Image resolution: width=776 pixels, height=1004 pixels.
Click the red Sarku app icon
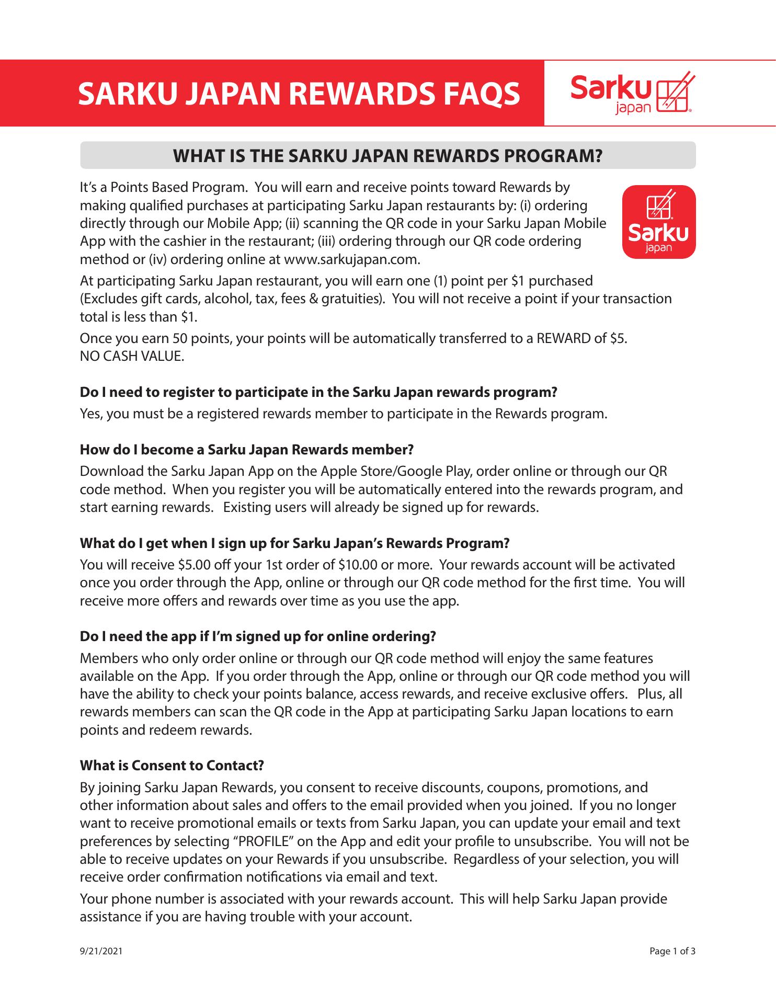[658, 222]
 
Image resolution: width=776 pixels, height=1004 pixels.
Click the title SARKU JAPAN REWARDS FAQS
[299, 94]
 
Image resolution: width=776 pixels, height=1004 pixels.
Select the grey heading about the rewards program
[387, 155]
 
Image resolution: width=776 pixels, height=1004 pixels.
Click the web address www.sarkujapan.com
[351, 259]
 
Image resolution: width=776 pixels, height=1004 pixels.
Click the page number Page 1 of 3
[672, 951]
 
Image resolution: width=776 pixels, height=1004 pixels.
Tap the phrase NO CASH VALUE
[132, 357]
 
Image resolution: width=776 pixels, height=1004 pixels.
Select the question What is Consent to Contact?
[172, 766]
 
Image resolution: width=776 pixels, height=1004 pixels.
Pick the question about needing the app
[258, 636]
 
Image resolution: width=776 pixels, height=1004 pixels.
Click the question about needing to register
[318, 392]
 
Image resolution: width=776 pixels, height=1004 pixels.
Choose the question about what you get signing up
[294, 543]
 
